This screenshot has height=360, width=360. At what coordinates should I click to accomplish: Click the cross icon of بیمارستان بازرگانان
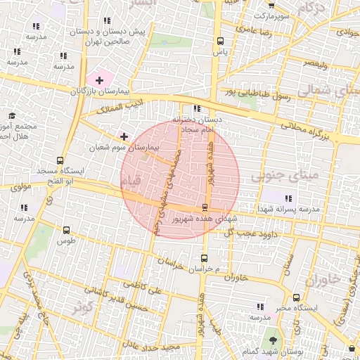(99, 80)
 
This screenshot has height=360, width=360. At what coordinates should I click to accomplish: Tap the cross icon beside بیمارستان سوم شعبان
(124, 136)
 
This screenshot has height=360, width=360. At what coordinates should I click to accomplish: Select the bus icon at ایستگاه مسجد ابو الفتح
(60, 160)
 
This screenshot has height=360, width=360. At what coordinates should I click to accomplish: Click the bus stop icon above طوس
(66, 230)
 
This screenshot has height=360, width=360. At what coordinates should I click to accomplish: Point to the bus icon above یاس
(221, 40)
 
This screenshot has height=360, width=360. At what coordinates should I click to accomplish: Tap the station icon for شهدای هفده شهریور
(205, 207)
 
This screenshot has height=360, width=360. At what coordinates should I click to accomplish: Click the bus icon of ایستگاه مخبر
(297, 298)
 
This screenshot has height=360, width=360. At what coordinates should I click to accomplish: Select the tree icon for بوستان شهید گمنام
(273, 340)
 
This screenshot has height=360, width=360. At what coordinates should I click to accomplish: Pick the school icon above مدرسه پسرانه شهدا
(288, 198)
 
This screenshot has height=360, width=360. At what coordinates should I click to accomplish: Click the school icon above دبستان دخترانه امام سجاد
(197, 109)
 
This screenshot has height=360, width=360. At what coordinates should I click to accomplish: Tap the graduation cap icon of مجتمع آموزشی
(12, 115)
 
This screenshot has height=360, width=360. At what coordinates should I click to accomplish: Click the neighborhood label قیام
(131, 181)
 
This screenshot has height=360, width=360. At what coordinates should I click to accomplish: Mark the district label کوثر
(87, 307)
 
